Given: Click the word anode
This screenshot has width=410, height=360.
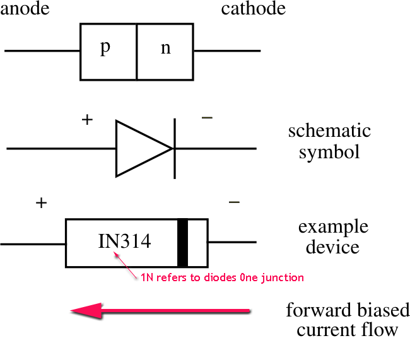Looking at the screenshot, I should [x=25, y=9].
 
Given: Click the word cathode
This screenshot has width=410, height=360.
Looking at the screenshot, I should [x=253, y=9].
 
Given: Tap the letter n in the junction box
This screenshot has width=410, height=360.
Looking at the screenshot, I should [x=165, y=49].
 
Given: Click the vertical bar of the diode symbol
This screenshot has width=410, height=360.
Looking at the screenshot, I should [x=174, y=149].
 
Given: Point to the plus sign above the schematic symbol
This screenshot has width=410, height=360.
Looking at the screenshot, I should [x=88, y=119].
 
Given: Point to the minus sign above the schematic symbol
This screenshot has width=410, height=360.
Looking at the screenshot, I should [x=207, y=118].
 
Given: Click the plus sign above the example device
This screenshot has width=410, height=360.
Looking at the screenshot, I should [x=41, y=203].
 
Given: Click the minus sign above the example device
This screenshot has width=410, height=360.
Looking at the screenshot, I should [x=234, y=202].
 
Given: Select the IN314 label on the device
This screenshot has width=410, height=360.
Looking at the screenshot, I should [x=124, y=241].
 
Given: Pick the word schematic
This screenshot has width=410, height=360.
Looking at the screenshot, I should [x=329, y=131].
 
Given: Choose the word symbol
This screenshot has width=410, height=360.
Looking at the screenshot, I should [x=329, y=152].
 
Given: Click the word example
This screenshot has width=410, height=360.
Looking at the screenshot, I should [x=333, y=227].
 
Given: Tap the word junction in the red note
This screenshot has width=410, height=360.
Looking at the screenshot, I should [x=286, y=277].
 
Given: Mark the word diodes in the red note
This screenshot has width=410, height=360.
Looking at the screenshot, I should [x=221, y=277].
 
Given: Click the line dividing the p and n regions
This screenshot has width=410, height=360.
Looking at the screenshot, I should [x=137, y=52].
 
